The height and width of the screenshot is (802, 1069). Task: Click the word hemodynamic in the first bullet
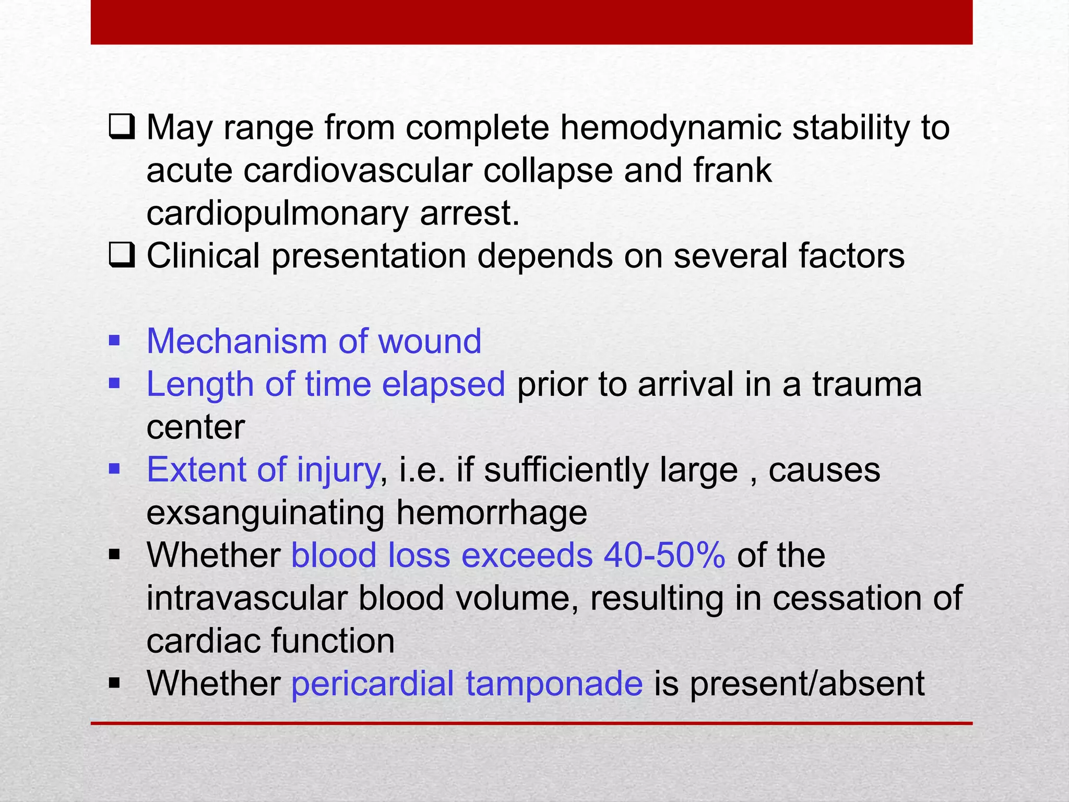(x=670, y=128)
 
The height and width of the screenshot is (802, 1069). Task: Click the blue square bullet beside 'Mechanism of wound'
(x=114, y=342)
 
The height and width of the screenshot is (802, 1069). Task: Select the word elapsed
(x=443, y=384)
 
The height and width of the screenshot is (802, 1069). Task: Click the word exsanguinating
(x=265, y=513)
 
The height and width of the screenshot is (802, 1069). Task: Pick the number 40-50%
(x=664, y=555)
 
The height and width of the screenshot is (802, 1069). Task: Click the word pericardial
(x=372, y=683)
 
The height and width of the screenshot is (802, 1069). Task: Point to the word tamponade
(x=554, y=683)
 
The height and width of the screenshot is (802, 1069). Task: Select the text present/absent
(x=807, y=683)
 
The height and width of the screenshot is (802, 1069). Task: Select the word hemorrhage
(x=491, y=513)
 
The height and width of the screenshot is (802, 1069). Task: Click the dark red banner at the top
(x=531, y=22)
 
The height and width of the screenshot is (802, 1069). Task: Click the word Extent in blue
(x=196, y=470)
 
